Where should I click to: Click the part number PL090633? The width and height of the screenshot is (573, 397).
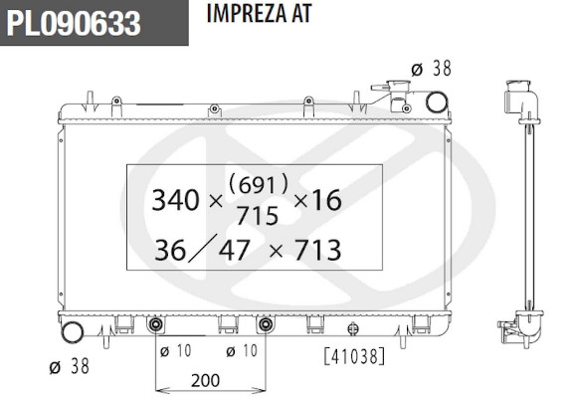[74, 23]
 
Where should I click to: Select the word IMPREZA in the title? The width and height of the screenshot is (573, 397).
[246, 14]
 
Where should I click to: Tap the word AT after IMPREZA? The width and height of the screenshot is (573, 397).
[301, 14]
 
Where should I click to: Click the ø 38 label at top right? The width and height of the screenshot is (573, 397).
[431, 69]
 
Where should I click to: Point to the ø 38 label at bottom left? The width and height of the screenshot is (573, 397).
[69, 366]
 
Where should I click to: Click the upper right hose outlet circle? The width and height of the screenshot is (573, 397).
[437, 102]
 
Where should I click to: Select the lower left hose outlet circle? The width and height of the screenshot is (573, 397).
[73, 332]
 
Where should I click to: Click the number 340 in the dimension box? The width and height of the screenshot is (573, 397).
[175, 200]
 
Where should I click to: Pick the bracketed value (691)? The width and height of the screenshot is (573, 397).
[259, 185]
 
